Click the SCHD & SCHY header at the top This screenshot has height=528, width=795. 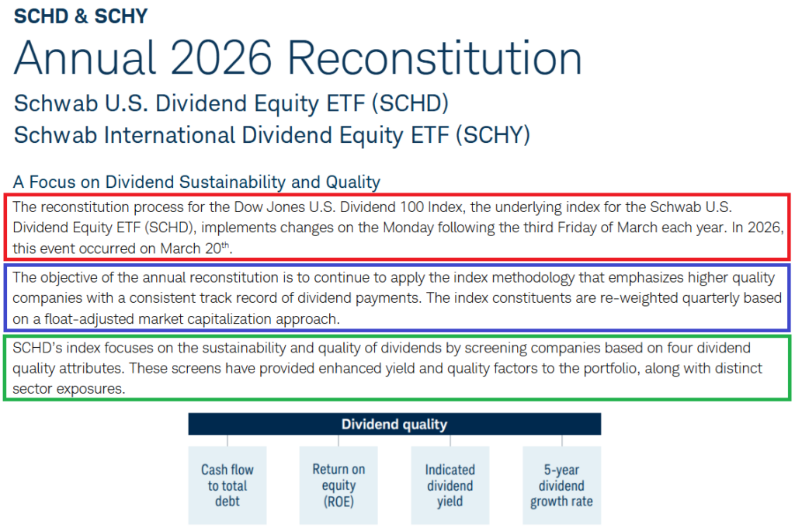click(81, 16)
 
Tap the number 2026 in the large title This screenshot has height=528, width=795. click(221, 57)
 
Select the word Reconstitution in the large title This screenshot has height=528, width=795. click(435, 57)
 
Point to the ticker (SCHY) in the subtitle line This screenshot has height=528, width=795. click(493, 135)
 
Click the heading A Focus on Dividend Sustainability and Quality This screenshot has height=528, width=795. click(196, 182)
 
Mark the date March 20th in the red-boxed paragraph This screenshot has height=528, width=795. click(195, 248)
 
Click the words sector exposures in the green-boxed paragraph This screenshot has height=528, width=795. click(68, 388)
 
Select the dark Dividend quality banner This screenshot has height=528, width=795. click(394, 424)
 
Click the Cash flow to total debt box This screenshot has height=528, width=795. click(227, 485)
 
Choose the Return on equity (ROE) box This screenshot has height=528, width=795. click(338, 485)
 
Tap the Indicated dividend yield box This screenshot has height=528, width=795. click(450, 485)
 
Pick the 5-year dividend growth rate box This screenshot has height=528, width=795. click(562, 485)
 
